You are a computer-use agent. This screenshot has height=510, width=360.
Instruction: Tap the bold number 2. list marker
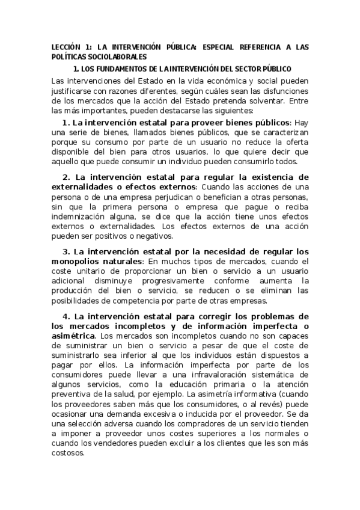[x=67, y=177]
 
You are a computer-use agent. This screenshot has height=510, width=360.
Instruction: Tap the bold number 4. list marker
[x=67, y=316]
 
